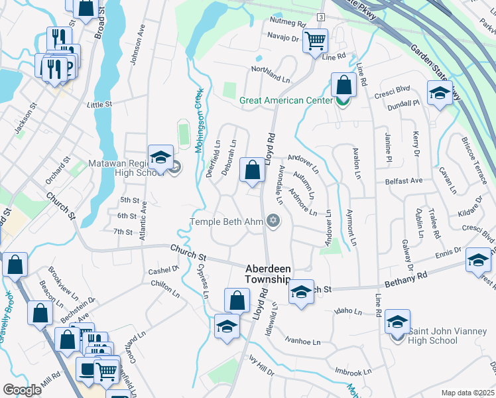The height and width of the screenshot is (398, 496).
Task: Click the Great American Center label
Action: coord(287,101)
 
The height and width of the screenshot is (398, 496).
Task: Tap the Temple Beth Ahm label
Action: coord(227,222)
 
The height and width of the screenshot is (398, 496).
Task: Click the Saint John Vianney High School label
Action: coord(442,336)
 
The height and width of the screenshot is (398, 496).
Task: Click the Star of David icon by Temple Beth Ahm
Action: coord(273,222)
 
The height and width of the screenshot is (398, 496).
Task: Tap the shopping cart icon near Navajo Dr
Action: coord(315,40)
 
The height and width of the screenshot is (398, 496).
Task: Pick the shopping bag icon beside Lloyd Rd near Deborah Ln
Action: coord(252,170)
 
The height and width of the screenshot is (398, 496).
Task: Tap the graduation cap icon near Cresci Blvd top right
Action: coord(439,94)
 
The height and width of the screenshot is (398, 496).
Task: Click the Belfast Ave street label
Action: coord(404,180)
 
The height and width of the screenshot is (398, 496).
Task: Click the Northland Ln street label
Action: coord(271,69)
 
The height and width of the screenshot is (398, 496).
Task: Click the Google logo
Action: coord(22,390)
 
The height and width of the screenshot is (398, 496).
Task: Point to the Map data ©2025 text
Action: coord(467,393)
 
